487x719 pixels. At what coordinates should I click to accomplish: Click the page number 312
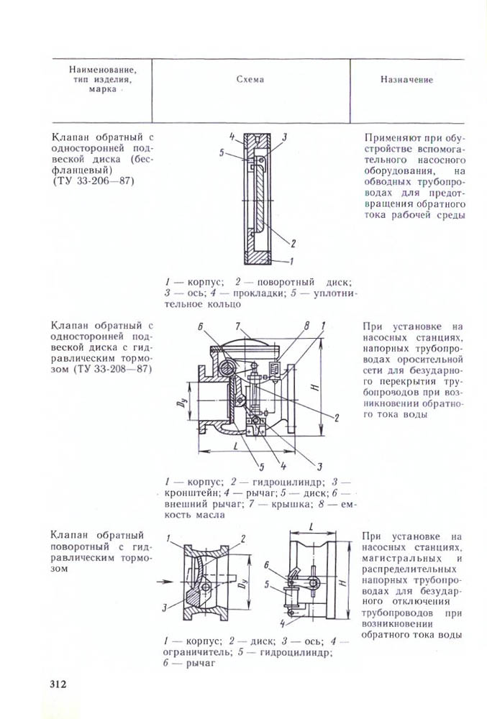58,683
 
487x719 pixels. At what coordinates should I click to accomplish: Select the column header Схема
250,80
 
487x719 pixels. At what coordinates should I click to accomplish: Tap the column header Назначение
406,80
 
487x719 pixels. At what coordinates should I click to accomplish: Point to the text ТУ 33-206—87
94,180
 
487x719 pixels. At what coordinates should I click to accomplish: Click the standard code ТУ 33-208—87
116,370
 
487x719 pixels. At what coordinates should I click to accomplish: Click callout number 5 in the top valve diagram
224,152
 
